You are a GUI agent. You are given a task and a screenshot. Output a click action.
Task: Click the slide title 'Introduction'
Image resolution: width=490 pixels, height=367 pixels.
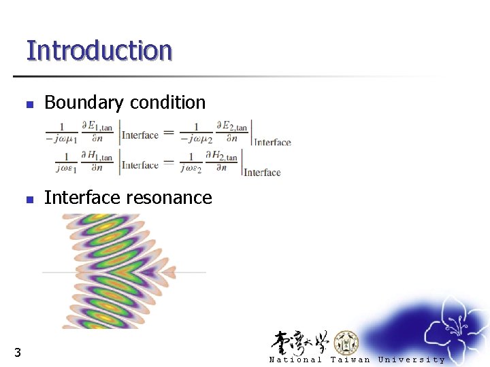(x=99, y=50)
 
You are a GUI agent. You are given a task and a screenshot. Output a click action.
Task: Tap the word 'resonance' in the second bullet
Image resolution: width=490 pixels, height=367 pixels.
(x=170, y=198)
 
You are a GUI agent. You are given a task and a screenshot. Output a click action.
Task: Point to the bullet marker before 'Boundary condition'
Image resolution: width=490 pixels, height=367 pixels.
(x=29, y=104)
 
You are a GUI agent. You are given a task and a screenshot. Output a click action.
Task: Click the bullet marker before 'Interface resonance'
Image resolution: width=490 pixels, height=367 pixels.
(x=29, y=200)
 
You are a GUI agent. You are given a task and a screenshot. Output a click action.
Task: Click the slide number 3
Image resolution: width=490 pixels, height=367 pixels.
(x=17, y=352)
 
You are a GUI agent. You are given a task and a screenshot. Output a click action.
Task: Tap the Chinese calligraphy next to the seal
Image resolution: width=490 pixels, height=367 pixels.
(x=300, y=342)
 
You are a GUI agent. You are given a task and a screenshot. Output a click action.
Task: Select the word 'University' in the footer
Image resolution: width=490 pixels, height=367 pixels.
(x=411, y=360)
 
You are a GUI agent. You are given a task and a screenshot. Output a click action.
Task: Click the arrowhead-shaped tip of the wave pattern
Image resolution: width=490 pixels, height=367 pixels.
(x=169, y=273)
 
